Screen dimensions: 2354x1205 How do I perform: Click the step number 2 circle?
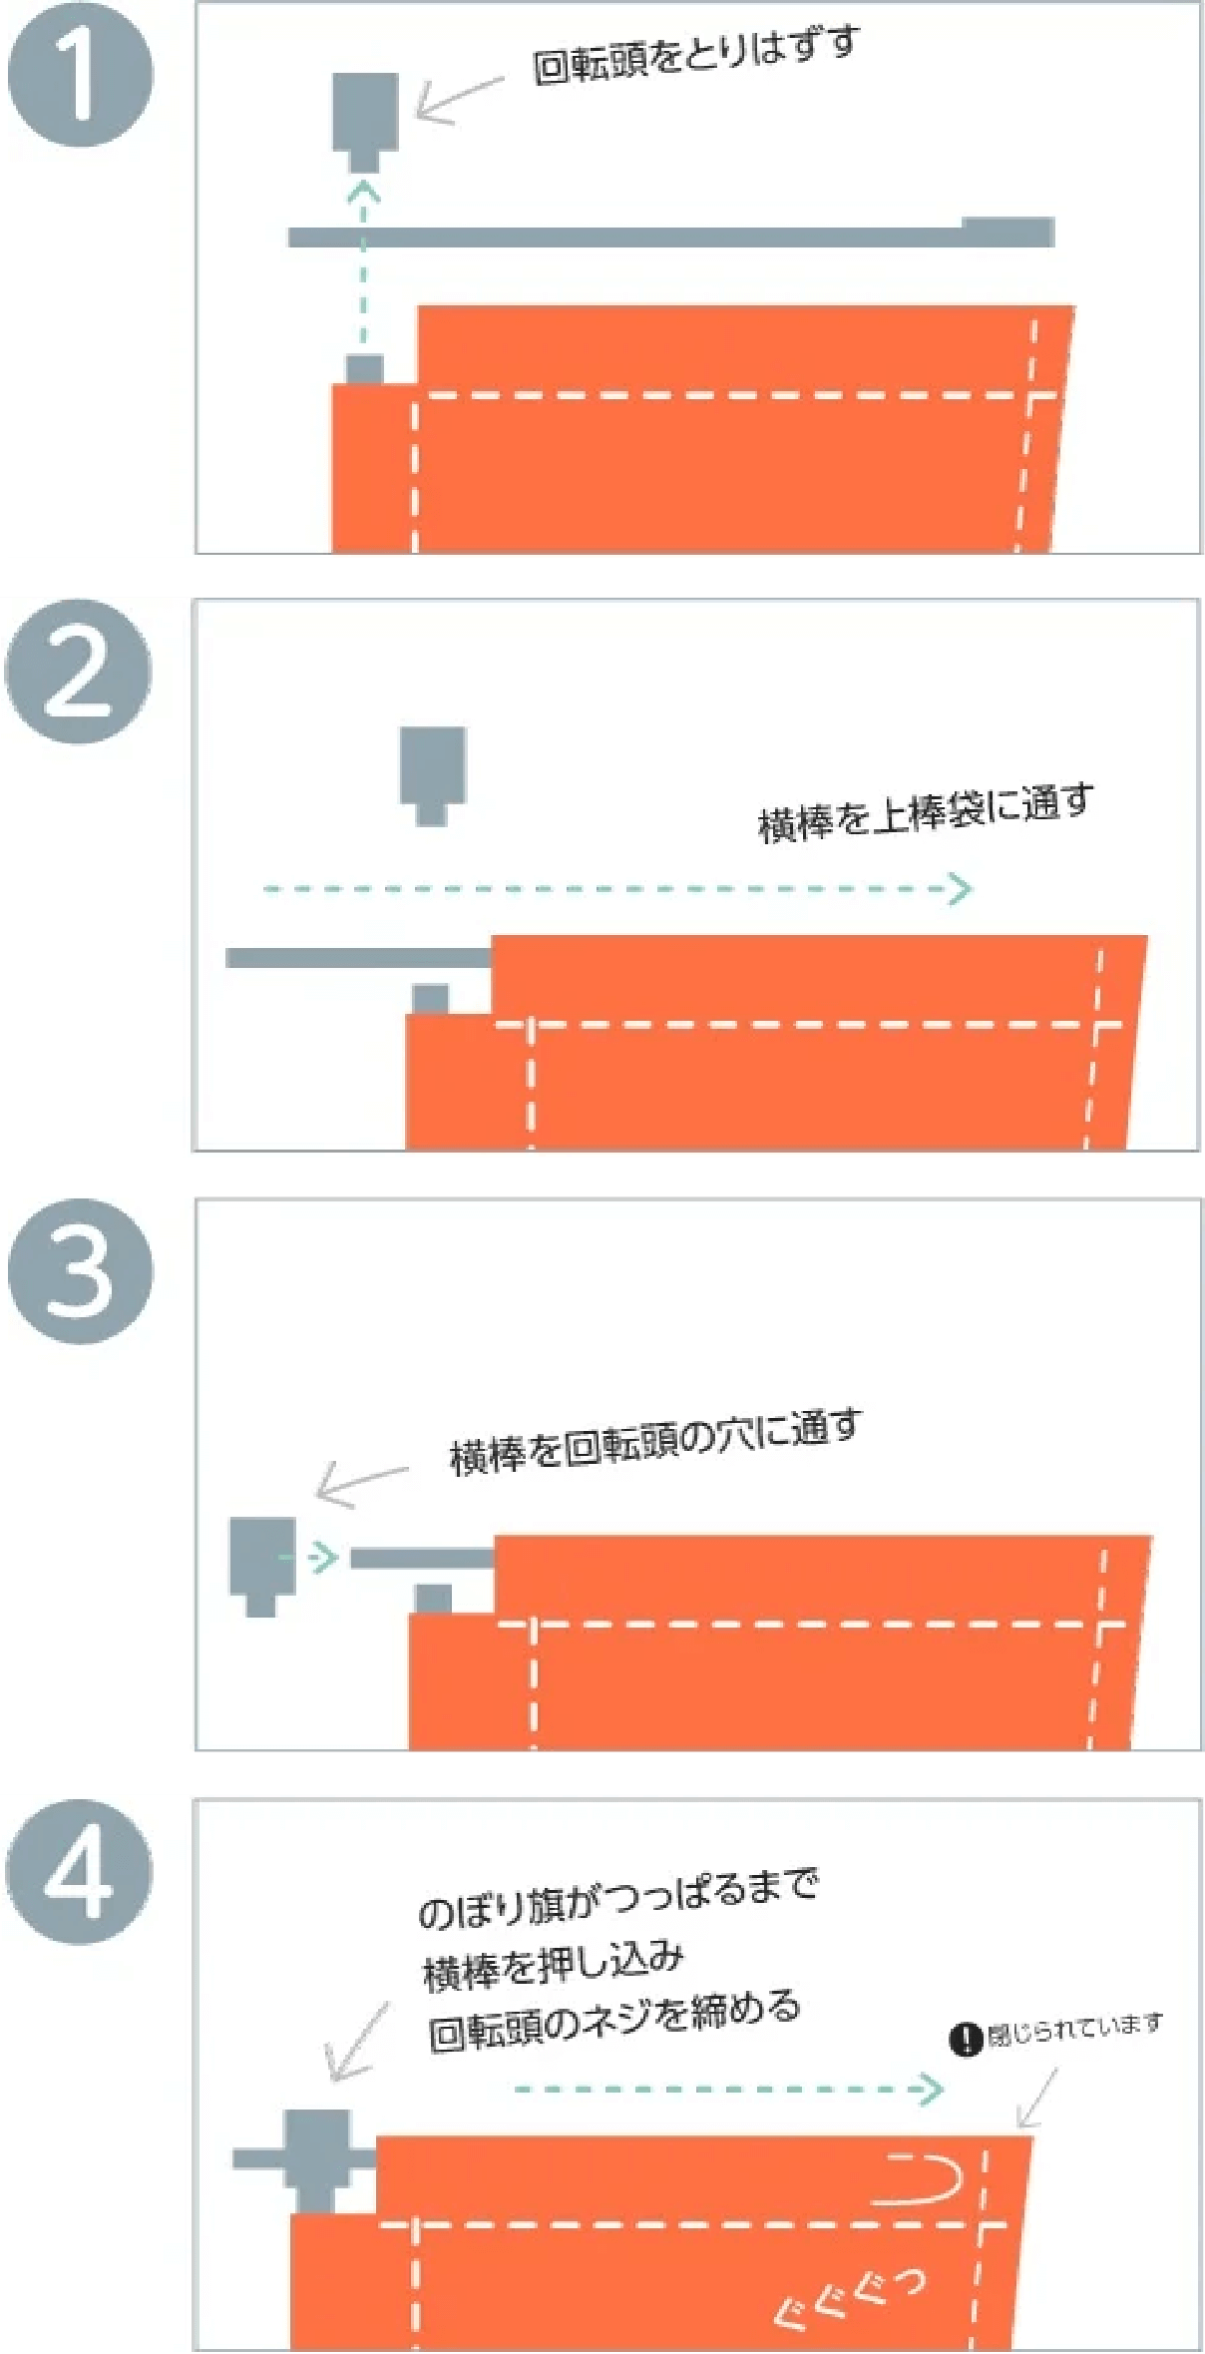coord(79,672)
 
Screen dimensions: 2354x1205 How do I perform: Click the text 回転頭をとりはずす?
coord(695,56)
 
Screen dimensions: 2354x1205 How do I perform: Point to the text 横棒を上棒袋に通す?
coord(925,814)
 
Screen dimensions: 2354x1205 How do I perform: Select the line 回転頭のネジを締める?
coord(613,2020)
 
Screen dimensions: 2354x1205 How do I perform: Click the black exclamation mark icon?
coord(965,2039)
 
